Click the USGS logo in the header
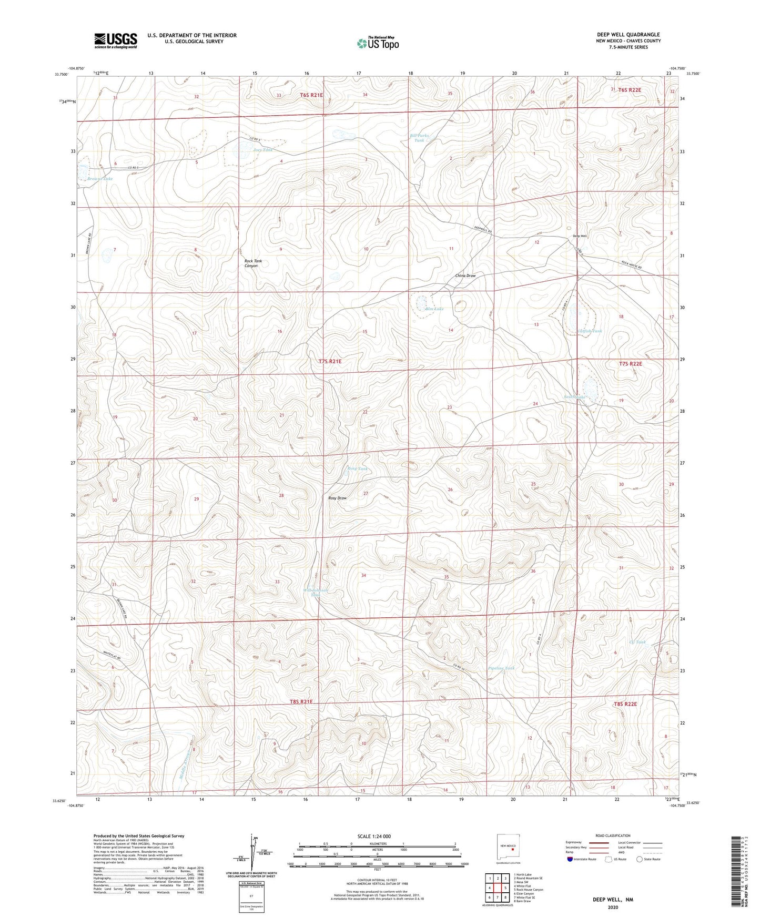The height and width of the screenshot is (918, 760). click(116, 40)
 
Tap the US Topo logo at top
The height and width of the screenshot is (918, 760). click(378, 43)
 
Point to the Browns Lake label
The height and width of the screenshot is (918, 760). click(100, 179)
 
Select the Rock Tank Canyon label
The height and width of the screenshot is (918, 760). click(253, 263)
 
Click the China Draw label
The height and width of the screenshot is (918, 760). click(465, 276)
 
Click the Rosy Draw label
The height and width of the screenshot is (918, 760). click(338, 498)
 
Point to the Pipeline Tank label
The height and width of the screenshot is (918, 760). click(501, 668)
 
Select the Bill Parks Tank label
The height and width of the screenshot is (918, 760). click(419, 138)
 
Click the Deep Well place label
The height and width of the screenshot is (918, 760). click(580, 236)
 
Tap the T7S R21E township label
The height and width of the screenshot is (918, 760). click(330, 362)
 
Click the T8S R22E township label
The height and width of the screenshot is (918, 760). click(625, 704)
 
